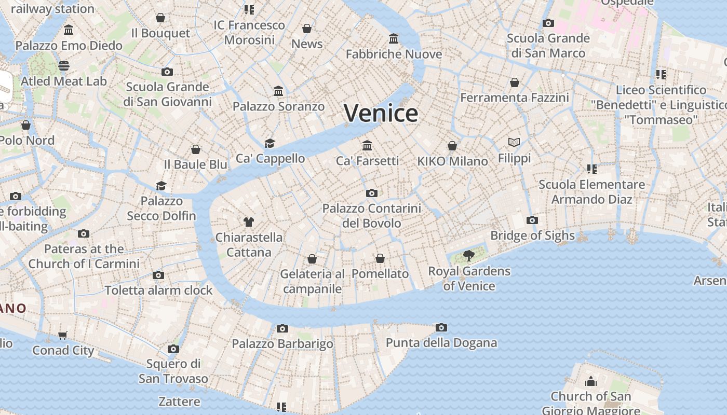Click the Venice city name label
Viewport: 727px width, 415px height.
pyautogui.click(x=381, y=113)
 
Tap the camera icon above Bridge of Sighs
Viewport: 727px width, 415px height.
pyautogui.click(x=532, y=220)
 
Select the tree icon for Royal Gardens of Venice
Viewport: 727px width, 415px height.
pyautogui.click(x=468, y=255)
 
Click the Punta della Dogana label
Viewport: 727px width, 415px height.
pyautogui.click(x=441, y=343)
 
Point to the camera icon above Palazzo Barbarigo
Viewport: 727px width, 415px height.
pyautogui.click(x=282, y=328)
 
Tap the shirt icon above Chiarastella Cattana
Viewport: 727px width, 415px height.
pyautogui.click(x=249, y=222)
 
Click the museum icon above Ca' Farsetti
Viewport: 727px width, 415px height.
pyautogui.click(x=367, y=145)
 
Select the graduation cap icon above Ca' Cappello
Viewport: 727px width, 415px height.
pyautogui.click(x=269, y=143)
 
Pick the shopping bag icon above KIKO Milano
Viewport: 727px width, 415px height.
pyautogui.click(x=452, y=146)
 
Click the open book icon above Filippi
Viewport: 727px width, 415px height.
pyautogui.click(x=514, y=142)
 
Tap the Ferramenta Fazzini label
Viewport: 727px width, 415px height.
pyautogui.click(x=514, y=98)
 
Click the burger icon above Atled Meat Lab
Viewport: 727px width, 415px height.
pyautogui.click(x=64, y=66)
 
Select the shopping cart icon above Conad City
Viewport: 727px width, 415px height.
pyautogui.click(x=63, y=335)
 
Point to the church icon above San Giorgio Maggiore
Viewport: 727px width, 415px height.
pyautogui.click(x=590, y=382)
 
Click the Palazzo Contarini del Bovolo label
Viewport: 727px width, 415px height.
pyautogui.click(x=371, y=216)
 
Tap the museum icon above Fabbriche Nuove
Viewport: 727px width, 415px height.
pyautogui.click(x=394, y=39)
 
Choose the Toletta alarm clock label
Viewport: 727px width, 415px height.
pyautogui.click(x=158, y=290)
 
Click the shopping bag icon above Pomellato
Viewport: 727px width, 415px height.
pyautogui.click(x=380, y=258)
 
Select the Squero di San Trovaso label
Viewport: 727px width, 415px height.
pyautogui.click(x=173, y=371)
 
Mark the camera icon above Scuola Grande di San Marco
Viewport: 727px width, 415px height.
pyautogui.click(x=548, y=23)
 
